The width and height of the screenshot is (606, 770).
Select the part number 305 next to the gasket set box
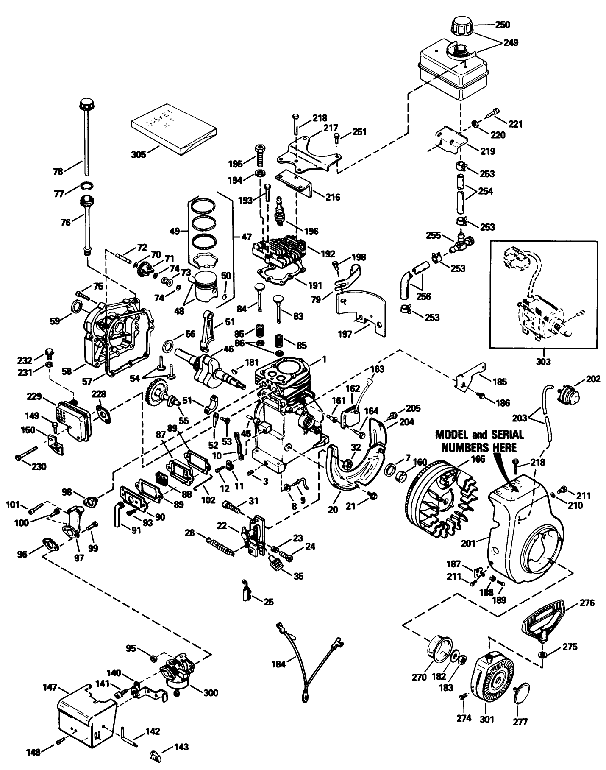point(138,154)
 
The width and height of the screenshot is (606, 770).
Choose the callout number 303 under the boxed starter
point(543,362)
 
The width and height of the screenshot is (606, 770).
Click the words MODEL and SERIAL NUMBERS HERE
point(480,441)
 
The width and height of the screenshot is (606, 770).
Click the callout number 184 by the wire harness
point(280,662)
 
